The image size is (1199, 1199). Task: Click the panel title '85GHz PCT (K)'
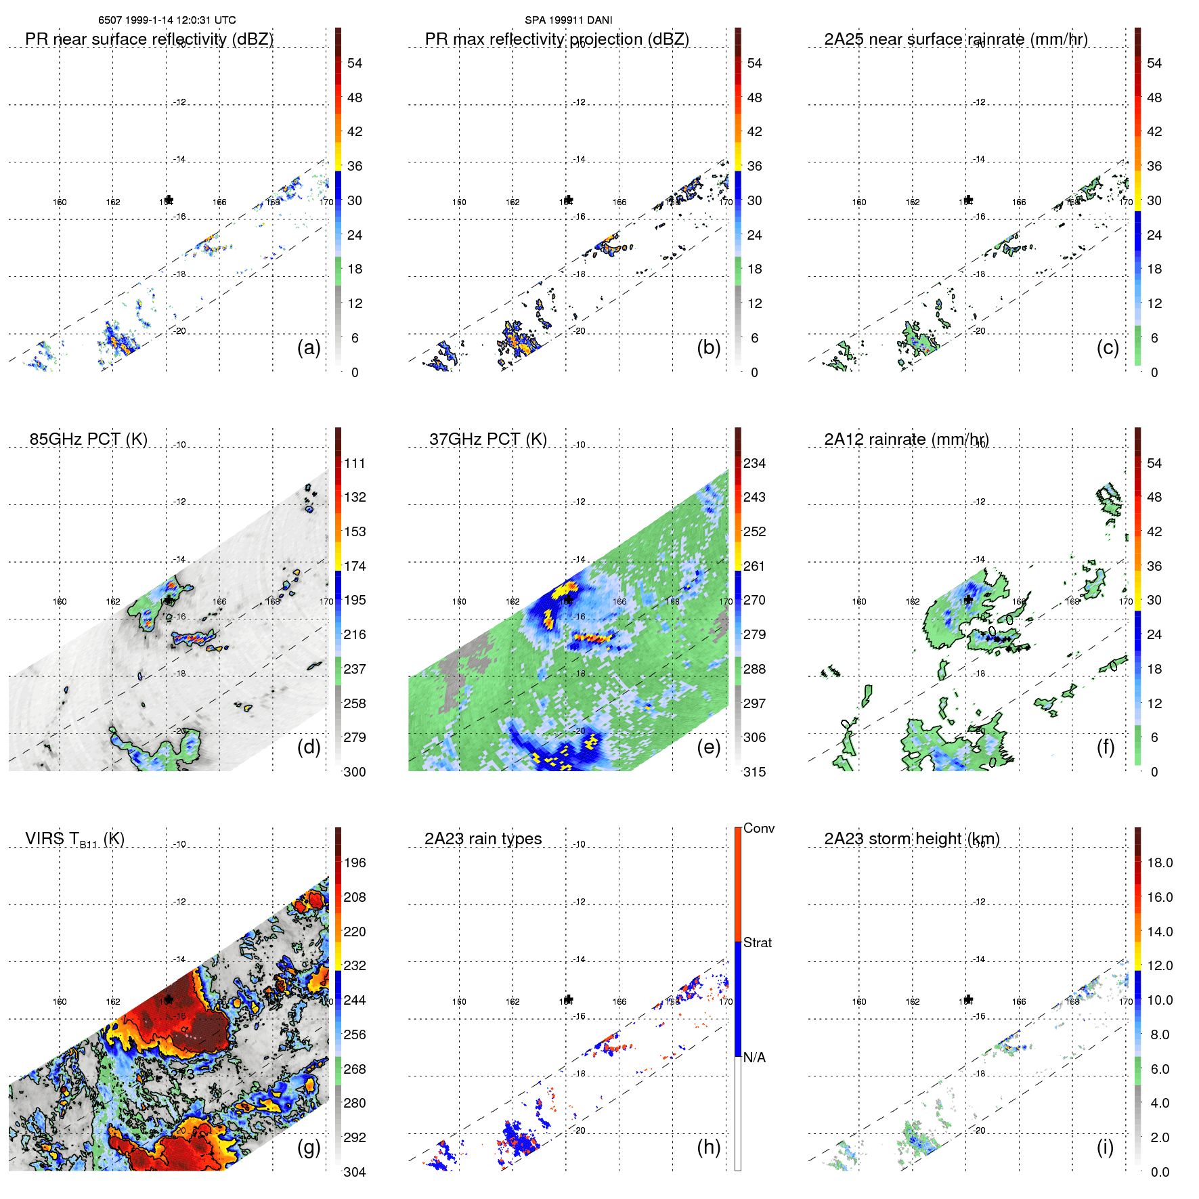click(88, 439)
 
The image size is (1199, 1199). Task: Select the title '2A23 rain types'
click(483, 839)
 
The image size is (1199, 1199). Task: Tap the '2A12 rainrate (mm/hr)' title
click(906, 439)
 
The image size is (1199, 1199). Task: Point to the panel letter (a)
click(309, 347)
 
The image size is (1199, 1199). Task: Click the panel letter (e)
click(709, 747)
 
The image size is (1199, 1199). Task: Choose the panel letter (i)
click(1105, 1147)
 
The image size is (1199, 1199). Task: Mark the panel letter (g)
click(309, 1147)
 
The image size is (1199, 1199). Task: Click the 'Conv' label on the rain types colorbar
click(758, 828)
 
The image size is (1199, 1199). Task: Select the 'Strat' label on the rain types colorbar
click(757, 942)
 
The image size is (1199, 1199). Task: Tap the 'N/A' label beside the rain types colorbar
click(754, 1058)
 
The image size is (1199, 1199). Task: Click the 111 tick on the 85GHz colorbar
click(355, 463)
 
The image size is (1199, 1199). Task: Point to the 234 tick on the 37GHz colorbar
click(754, 463)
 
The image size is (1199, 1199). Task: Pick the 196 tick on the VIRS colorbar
click(355, 863)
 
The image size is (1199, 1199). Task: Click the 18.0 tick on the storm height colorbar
click(1159, 863)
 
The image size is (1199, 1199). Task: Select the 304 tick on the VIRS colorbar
click(355, 1172)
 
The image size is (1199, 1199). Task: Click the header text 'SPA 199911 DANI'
click(568, 20)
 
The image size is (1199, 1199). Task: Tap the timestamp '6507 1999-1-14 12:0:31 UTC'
click(167, 20)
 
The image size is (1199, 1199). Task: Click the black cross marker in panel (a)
click(169, 200)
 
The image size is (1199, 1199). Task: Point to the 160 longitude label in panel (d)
click(60, 601)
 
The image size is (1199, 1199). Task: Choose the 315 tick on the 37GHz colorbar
click(754, 772)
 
